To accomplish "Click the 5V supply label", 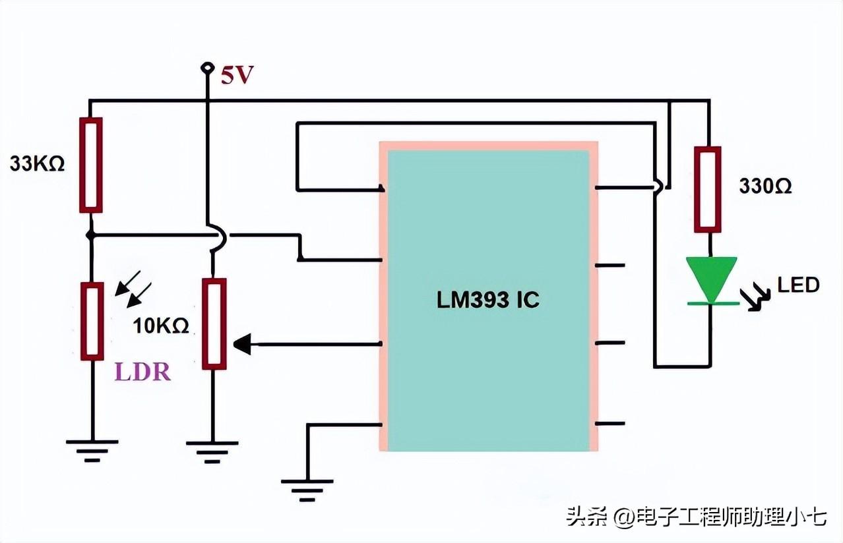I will point(237,76).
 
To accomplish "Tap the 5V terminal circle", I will point(208,67).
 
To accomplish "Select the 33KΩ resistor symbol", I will point(91,165).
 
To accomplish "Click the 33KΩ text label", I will point(38,164).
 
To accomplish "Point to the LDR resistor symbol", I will point(92,321).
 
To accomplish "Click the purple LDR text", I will point(142,372).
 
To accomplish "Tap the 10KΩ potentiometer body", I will point(214,324).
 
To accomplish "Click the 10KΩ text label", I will point(162,325).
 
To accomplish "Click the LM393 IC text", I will point(488,300).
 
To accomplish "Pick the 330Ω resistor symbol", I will point(707,189).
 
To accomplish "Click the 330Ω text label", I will point(765,187).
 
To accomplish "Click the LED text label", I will point(798,285).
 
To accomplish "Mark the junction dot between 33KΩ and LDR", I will point(91,234).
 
